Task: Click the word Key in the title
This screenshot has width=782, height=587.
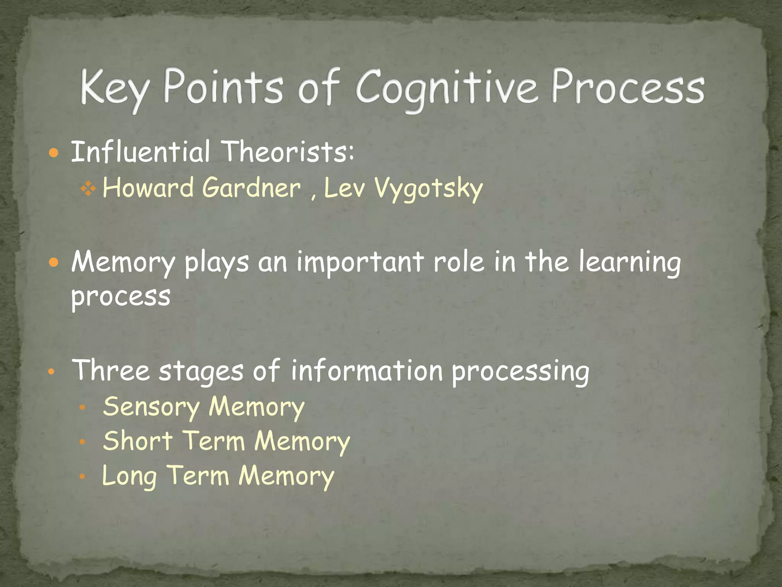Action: [114, 89]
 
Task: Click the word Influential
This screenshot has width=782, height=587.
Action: [141, 152]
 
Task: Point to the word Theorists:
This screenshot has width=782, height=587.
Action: [288, 152]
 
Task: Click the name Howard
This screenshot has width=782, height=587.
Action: [148, 188]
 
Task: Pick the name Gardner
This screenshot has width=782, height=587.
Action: [251, 188]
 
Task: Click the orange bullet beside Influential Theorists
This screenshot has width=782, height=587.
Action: [54, 153]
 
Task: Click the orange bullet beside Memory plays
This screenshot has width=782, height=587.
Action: [54, 263]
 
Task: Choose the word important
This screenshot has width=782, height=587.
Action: [360, 263]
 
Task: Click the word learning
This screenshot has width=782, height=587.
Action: [629, 263]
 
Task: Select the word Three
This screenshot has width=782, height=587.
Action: [111, 370]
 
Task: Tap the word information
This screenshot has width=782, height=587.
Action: [367, 370]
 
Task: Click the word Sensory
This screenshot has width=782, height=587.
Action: [151, 407]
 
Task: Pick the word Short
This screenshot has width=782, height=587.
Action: [138, 441]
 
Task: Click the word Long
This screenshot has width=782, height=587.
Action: [129, 476]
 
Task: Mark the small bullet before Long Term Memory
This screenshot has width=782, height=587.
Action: [82, 477]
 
